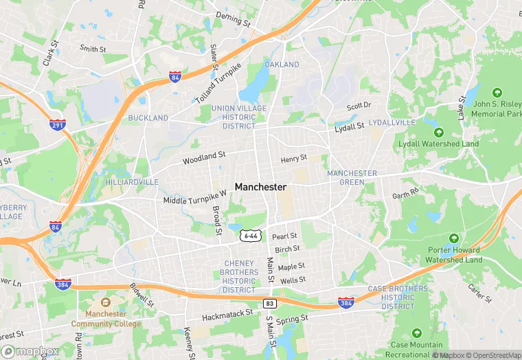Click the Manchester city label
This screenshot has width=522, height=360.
[260, 187]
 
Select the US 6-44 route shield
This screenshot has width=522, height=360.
[250, 236]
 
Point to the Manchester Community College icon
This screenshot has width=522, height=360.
[105, 302]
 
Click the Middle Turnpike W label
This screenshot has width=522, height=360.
[195, 198]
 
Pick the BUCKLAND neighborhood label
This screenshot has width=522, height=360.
[148, 118]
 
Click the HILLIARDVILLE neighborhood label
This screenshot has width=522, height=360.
[132, 182]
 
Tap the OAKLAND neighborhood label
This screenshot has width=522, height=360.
[282, 65]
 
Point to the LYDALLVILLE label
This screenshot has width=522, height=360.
[392, 122]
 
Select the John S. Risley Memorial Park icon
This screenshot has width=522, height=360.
[497, 92]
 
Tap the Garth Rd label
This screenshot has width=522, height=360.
[405, 194]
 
